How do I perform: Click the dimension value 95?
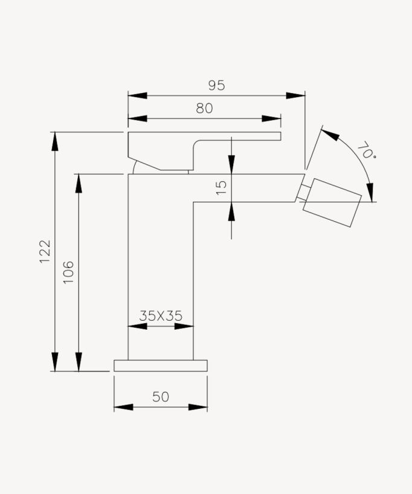(x=216, y=85)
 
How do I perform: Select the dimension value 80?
(x=204, y=108)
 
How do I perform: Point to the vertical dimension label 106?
(x=68, y=272)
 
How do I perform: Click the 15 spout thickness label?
(x=221, y=188)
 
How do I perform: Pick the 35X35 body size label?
(x=161, y=315)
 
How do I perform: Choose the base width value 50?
(x=161, y=397)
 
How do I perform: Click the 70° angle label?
(x=365, y=150)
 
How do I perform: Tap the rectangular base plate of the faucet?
(x=161, y=365)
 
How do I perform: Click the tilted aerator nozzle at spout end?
(x=332, y=202)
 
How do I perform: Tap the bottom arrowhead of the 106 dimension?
(x=78, y=362)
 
